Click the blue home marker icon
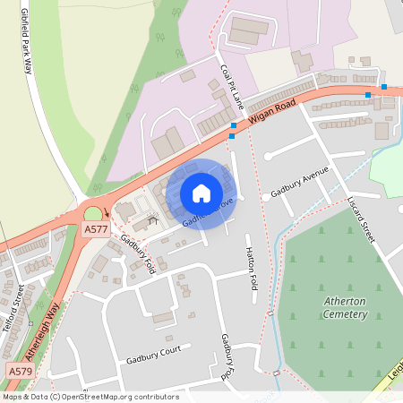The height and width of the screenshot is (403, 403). coord(201,193)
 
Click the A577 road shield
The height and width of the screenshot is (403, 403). coord(95,230)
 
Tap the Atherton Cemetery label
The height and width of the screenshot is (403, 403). coord(345,308)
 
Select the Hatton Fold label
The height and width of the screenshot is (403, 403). coord(252,272)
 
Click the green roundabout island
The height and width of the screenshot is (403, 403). coord(92,214)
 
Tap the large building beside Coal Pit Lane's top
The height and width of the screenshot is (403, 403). coord(250,32)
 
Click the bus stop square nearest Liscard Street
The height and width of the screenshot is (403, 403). coord(367,94)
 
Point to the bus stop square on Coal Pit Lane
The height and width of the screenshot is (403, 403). coord(234,125)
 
